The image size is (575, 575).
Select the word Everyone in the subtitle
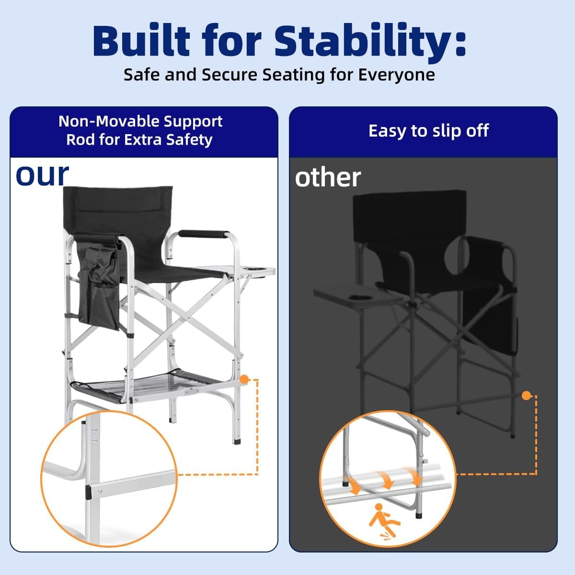pos(396,74)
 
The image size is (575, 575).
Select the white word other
pos(328,178)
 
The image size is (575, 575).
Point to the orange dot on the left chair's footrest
pos(244,379)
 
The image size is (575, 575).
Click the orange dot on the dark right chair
pos(526,396)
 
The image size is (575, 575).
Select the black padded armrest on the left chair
pos(204,234)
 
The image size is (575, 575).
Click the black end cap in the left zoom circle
pos(88,492)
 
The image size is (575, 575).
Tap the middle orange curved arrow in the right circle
pos(387,479)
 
